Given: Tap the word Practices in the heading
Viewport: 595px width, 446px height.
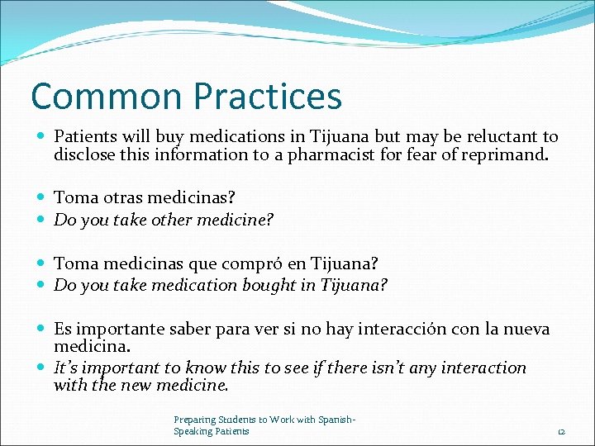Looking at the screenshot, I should [x=266, y=96].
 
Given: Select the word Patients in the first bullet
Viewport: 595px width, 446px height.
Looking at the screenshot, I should [x=86, y=136].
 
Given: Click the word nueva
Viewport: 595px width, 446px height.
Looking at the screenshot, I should [x=526, y=329].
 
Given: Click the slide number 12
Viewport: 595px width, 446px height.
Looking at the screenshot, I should [x=559, y=431].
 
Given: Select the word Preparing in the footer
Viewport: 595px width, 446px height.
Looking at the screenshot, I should [x=193, y=420].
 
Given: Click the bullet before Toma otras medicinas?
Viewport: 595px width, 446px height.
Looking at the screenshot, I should [x=42, y=198].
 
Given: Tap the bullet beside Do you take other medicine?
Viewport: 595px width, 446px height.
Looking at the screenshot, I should [x=42, y=220].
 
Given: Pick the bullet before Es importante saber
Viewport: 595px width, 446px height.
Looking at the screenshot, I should [x=42, y=329].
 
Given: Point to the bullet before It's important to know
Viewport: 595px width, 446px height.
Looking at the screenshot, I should [x=42, y=368].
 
